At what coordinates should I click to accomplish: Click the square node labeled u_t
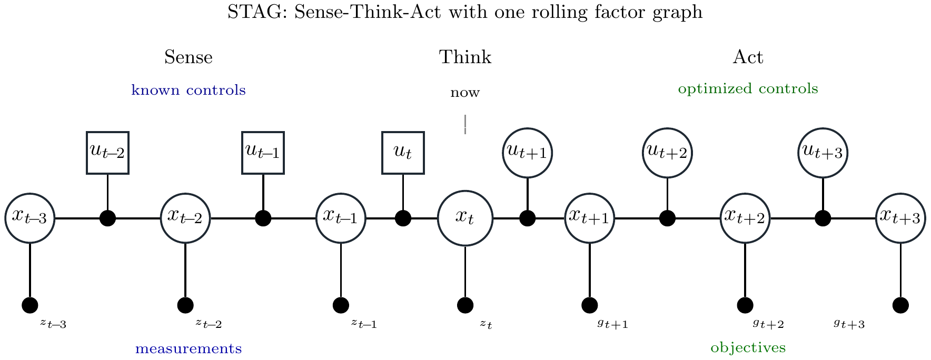[403, 153]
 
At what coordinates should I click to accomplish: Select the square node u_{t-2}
[107, 153]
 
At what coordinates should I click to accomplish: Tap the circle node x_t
[465, 218]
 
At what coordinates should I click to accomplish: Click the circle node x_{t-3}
[30, 218]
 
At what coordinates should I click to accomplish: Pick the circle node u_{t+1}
[527, 153]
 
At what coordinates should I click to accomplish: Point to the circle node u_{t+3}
[823, 153]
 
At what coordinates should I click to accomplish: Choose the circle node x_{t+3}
[900, 218]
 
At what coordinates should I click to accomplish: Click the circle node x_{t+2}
[745, 218]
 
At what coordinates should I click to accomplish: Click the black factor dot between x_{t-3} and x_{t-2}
[107, 218]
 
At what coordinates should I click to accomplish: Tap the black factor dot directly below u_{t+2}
[667, 218]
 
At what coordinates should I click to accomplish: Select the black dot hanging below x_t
[465, 305]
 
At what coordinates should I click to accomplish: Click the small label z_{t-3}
[53, 324]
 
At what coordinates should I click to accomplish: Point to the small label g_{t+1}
[612, 324]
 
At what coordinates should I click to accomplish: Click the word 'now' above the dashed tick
[465, 93]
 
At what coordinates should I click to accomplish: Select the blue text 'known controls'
[189, 91]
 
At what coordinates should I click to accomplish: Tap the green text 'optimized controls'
[748, 89]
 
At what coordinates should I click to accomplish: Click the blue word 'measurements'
[189, 348]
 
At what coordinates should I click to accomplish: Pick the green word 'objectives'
[748, 348]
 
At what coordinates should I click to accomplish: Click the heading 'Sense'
[189, 57]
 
